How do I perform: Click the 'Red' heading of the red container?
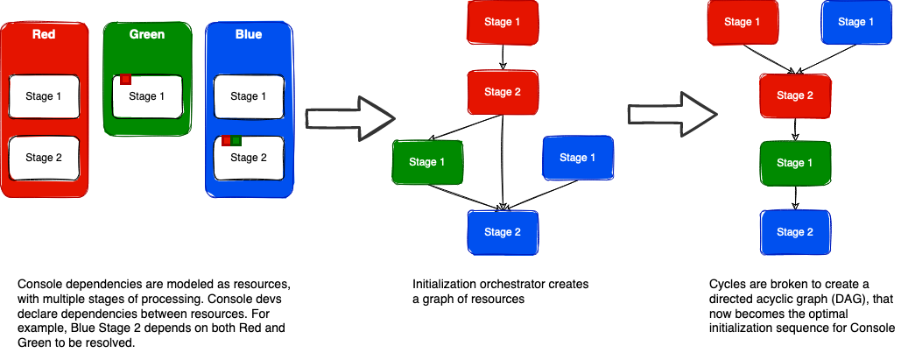point(44,35)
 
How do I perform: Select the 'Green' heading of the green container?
point(146,35)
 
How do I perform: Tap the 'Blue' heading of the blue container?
point(249,35)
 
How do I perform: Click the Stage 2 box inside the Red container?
point(44,159)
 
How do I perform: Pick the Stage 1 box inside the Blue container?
point(249,96)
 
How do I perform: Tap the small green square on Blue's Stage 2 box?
point(236,140)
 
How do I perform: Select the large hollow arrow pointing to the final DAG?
point(671,113)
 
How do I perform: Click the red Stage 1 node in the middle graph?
point(503,21)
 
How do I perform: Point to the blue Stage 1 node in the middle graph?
point(579,159)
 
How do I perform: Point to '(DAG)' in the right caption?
point(827,300)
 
